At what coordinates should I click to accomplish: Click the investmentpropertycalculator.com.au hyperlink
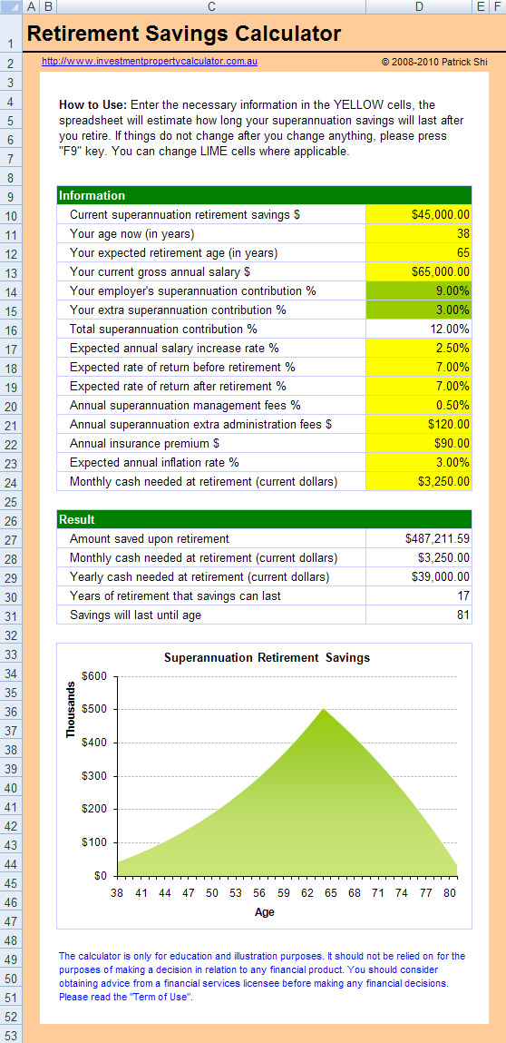point(150,61)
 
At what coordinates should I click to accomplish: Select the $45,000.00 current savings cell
point(419,215)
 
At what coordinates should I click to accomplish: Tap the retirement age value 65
point(419,252)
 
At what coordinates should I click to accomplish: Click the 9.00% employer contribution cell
point(419,290)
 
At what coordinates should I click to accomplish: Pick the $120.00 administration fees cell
point(419,424)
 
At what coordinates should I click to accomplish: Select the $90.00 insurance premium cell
point(419,443)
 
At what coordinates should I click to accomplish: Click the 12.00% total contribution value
point(419,329)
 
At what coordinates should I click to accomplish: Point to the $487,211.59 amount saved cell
point(419,539)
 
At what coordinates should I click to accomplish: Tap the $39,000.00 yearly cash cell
point(419,576)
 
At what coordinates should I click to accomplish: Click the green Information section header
point(265,195)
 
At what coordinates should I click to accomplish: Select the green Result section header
point(265,519)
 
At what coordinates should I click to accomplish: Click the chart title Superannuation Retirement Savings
point(267,658)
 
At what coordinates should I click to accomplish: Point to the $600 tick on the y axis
point(93,676)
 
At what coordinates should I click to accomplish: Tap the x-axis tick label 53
point(237,892)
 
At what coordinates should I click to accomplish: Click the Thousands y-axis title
point(71,709)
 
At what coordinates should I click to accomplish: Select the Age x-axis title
point(265,912)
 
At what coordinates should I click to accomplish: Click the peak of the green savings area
point(323,709)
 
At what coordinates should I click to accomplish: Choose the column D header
point(419,6)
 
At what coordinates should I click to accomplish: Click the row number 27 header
point(11,539)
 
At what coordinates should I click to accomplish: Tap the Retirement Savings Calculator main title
point(184,34)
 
